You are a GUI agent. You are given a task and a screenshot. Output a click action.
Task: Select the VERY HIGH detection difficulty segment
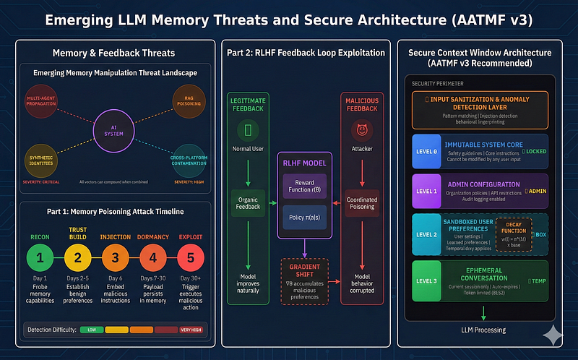pyautogui.click(x=189, y=330)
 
